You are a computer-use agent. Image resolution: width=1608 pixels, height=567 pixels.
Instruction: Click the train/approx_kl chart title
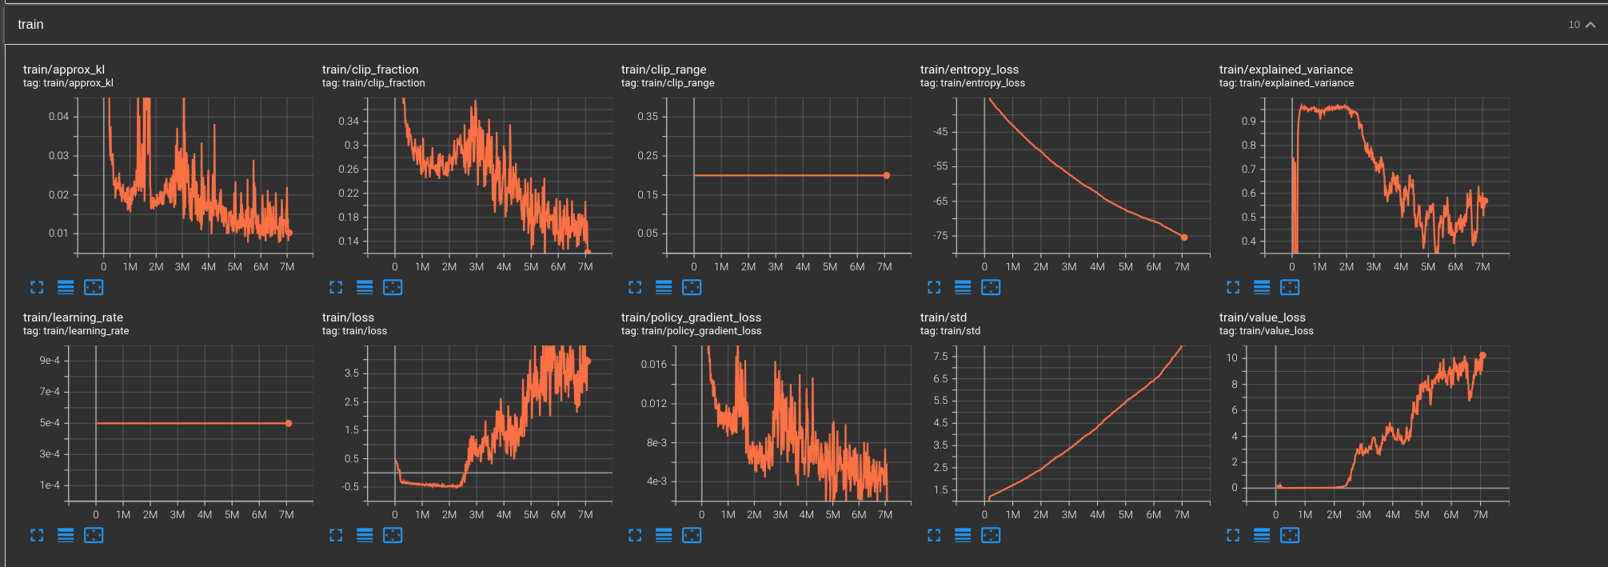click(x=64, y=70)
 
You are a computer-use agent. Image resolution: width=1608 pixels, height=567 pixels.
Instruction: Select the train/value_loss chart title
click(x=1262, y=317)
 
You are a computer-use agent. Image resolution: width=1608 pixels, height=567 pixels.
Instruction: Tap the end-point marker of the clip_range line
click(x=886, y=175)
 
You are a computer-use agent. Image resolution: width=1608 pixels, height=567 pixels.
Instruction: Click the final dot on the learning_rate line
click(x=289, y=423)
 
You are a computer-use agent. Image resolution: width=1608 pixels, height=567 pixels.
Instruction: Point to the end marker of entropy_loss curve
click(x=1184, y=238)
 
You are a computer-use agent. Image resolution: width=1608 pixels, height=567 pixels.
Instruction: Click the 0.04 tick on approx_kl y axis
click(x=58, y=117)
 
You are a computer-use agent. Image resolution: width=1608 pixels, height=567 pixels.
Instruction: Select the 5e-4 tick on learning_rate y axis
click(x=50, y=423)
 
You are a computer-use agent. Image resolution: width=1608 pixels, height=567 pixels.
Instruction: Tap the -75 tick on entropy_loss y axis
click(x=940, y=236)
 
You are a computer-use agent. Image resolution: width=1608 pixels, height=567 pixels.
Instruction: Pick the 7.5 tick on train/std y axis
click(x=940, y=357)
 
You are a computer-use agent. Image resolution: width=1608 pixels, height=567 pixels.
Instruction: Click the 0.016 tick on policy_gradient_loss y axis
click(x=653, y=365)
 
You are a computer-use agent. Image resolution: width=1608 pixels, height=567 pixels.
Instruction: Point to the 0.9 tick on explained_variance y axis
click(x=1248, y=122)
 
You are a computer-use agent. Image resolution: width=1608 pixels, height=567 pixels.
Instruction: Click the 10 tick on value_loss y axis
click(x=1231, y=357)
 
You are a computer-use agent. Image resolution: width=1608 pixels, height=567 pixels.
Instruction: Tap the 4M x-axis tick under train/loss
click(x=504, y=515)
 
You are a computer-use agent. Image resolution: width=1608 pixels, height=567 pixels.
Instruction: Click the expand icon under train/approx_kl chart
click(x=37, y=287)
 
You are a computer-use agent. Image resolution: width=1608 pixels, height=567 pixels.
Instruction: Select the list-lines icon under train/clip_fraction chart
click(x=365, y=287)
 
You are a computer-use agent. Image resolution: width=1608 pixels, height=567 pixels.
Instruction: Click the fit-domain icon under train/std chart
click(x=991, y=535)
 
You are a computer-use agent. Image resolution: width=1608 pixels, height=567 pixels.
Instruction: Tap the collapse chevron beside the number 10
click(x=1590, y=25)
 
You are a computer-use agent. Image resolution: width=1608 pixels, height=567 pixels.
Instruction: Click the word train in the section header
click(x=30, y=25)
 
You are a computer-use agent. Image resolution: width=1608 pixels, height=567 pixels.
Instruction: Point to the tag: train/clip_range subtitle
click(x=668, y=83)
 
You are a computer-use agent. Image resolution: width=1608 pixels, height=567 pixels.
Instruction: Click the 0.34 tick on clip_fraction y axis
click(x=349, y=122)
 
